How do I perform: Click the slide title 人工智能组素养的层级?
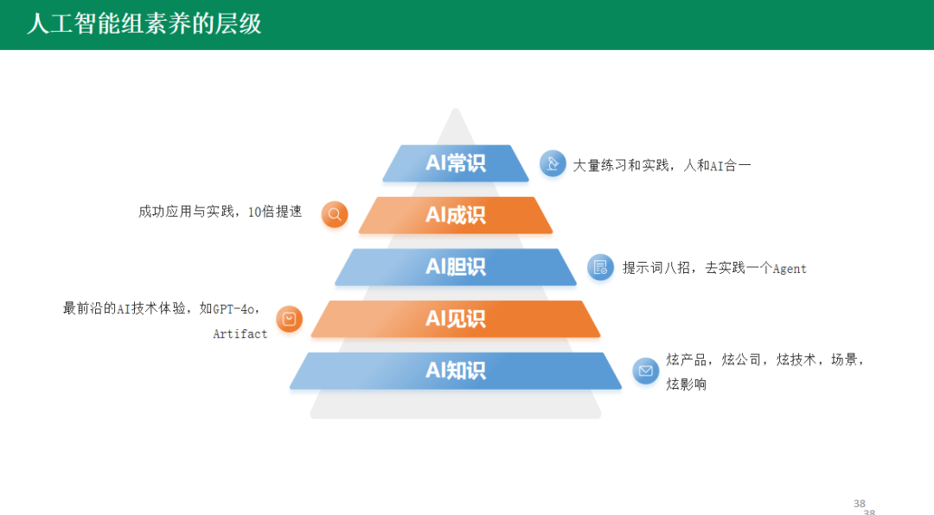click(x=144, y=24)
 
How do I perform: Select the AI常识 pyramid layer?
click(x=456, y=163)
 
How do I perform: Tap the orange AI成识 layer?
click(x=456, y=215)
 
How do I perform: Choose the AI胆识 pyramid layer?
click(x=456, y=267)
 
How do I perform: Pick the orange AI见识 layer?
click(x=456, y=319)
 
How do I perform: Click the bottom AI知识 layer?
click(x=456, y=371)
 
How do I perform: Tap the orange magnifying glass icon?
click(x=335, y=214)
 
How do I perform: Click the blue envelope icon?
click(x=646, y=371)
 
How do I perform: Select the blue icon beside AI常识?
click(x=553, y=163)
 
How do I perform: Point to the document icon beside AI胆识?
click(x=600, y=267)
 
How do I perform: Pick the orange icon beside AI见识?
click(x=290, y=319)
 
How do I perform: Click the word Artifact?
click(x=240, y=334)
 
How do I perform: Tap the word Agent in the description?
click(x=790, y=269)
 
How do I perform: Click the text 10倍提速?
click(x=275, y=212)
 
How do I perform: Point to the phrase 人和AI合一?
click(x=717, y=166)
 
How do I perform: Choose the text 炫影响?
click(x=686, y=384)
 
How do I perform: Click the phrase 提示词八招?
click(x=656, y=268)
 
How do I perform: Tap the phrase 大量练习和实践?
click(x=621, y=166)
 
